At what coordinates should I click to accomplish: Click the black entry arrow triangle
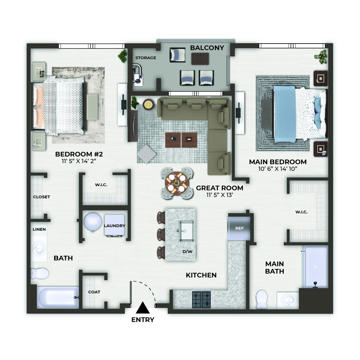tap(143, 308)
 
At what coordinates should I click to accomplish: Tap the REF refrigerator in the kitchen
tap(239, 228)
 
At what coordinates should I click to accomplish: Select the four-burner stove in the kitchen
tap(201, 300)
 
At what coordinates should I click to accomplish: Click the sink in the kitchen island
tap(186, 231)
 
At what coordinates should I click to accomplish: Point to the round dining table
tap(176, 183)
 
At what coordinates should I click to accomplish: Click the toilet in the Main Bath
tap(261, 300)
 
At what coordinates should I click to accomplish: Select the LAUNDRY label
tap(114, 226)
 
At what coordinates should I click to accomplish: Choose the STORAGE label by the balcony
tap(145, 58)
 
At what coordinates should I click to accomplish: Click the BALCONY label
tap(207, 48)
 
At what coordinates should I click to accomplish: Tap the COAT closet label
tap(94, 292)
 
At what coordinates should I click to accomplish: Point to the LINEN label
tap(39, 229)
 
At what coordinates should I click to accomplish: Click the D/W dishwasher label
tap(187, 252)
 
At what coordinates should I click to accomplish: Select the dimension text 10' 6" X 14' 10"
tap(278, 169)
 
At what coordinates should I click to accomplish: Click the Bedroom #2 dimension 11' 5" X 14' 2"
tap(79, 161)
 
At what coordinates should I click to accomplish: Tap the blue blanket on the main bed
tap(284, 114)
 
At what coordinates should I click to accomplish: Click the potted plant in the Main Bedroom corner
tap(321, 57)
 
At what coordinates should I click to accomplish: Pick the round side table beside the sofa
tap(148, 104)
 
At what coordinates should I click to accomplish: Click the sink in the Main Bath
tap(288, 300)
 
